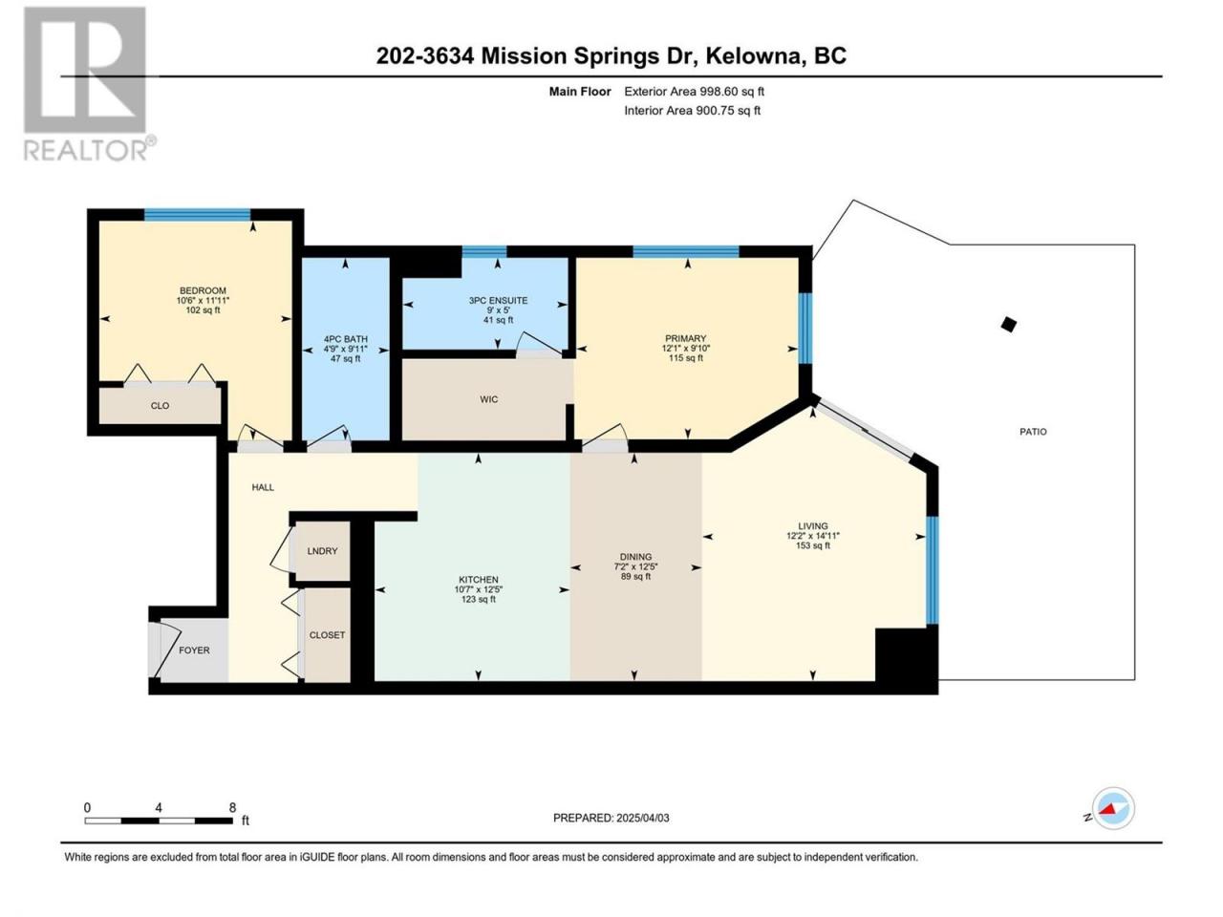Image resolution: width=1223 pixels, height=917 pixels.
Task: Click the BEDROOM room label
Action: tap(203, 290)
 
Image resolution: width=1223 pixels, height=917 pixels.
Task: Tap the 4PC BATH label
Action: tap(346, 339)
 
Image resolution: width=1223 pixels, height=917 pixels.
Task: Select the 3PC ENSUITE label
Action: tap(498, 301)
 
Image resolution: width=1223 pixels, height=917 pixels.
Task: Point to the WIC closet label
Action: tap(488, 399)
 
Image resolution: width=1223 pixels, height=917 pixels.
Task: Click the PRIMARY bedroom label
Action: tap(685, 338)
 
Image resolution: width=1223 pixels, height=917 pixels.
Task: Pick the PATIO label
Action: tap(1033, 432)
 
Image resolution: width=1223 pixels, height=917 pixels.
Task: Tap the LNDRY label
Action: tap(322, 550)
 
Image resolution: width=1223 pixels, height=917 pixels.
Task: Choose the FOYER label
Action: tap(194, 650)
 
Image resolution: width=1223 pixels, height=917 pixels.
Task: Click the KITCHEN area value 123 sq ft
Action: tap(479, 600)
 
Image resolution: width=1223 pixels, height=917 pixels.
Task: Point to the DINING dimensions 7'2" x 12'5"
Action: tap(635, 566)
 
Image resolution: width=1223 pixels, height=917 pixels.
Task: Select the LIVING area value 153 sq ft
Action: tap(813, 545)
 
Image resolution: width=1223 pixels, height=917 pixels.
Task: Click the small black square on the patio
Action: tap(1008, 324)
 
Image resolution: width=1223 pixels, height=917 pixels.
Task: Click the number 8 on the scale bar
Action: tap(232, 807)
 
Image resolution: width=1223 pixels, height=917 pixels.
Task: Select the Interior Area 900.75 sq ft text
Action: tap(692, 110)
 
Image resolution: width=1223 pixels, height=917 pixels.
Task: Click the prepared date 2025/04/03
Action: tap(643, 818)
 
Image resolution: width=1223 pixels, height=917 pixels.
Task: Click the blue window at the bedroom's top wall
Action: tap(197, 214)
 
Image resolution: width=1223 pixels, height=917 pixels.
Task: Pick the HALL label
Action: tap(263, 487)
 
